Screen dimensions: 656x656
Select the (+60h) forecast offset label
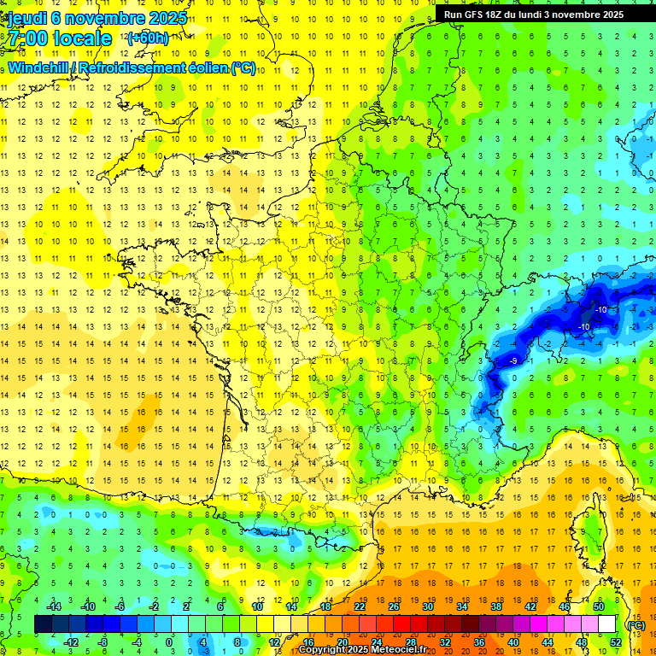[x=148, y=38]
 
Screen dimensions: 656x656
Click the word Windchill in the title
[x=39, y=67]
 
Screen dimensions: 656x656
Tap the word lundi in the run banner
[x=543, y=15]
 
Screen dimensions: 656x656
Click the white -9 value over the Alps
[x=513, y=361]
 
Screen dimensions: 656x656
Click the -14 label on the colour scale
[x=53, y=606]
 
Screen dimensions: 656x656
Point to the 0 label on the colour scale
[x=169, y=642]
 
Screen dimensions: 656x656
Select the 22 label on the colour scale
[x=360, y=606]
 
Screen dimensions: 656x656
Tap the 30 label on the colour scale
[x=428, y=606]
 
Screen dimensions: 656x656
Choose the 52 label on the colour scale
[x=616, y=642]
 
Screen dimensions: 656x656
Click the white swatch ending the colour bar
[x=607, y=624]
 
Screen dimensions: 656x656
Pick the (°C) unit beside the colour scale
[x=635, y=624]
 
